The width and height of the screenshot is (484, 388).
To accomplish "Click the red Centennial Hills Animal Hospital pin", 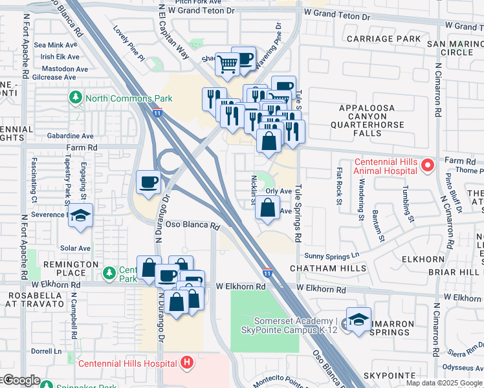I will (426, 166).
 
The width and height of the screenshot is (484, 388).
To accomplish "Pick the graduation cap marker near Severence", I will (81, 215).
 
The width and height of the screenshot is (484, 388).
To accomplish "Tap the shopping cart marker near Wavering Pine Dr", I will (227, 64).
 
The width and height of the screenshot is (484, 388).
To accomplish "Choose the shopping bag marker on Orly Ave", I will (267, 208).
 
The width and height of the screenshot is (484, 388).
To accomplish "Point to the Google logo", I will (21, 380).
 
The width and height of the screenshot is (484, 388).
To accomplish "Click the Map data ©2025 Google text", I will (444, 383).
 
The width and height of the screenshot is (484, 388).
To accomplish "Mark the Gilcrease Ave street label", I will (55, 77).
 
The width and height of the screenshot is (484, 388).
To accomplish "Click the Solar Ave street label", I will (75, 248).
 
